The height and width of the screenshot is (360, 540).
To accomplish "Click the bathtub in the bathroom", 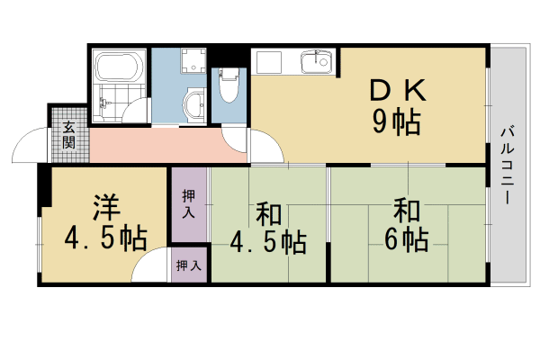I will point(118,67).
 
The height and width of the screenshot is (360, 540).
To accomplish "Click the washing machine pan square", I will point(192,61).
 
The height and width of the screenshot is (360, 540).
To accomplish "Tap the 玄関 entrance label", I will point(68,136).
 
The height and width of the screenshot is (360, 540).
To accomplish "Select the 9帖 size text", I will point(396,121).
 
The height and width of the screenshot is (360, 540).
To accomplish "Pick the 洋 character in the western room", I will point(106,208).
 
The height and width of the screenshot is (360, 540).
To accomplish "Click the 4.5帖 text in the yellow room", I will point(106,238).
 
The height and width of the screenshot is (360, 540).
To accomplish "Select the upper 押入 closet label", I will point(189,204).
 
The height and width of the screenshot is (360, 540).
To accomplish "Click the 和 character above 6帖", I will point(408,211).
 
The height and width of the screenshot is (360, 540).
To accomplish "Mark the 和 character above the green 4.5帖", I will point(268,214).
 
